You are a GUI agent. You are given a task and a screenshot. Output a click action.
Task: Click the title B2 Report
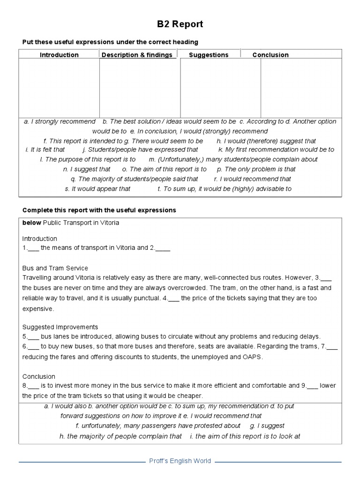180,24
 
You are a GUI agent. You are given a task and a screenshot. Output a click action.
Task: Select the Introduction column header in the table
59,55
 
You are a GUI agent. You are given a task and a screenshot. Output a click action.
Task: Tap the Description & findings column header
137,55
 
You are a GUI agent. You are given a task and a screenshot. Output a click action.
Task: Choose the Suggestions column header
209,55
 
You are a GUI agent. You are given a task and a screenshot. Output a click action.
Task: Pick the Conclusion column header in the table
270,55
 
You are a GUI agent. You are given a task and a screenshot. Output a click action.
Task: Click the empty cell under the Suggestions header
220,88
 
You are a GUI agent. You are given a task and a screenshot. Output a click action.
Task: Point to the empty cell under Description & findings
140,88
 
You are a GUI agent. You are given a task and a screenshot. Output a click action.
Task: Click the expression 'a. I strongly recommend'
60,121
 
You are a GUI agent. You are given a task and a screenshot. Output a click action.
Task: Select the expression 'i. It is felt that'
45,150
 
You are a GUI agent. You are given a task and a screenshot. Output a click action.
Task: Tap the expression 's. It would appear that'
97,189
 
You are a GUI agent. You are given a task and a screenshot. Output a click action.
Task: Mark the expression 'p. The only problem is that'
256,169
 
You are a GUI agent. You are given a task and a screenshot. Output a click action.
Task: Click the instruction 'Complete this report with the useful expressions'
99,210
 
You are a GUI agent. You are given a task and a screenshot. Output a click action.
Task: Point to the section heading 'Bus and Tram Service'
55,268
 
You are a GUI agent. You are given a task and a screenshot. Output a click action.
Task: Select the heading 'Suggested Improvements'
60,327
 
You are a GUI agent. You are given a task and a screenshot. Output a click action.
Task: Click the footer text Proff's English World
180,461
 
